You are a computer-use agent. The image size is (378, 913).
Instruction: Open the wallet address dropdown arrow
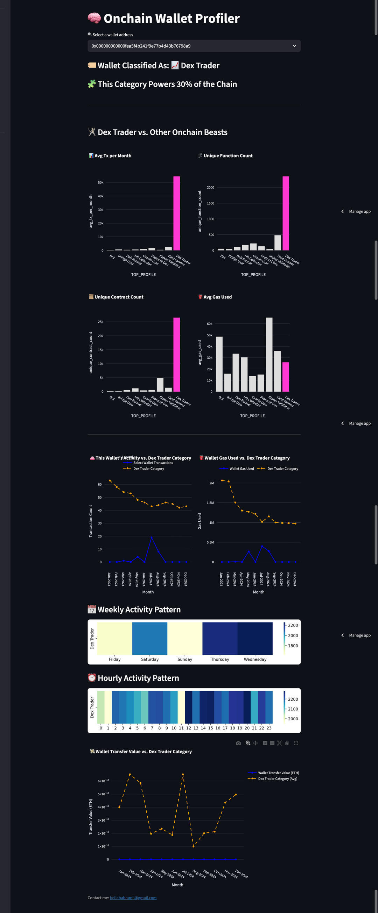click(294, 46)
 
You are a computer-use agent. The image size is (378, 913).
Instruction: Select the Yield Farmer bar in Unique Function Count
click(278, 243)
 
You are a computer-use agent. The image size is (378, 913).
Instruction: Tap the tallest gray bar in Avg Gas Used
click(269, 355)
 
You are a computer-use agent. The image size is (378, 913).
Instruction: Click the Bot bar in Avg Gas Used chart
click(219, 364)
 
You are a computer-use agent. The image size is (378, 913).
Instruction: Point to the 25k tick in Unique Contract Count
click(101, 322)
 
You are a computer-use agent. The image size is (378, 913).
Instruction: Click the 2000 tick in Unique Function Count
click(211, 187)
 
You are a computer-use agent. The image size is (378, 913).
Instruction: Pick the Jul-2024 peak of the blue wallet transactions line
click(152, 537)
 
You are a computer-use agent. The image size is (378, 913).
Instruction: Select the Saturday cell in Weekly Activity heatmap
click(150, 638)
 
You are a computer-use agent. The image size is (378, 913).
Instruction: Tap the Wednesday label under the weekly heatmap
click(255, 659)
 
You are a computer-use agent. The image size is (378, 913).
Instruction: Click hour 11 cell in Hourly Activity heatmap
click(181, 707)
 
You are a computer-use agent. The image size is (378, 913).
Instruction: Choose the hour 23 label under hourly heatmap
click(269, 728)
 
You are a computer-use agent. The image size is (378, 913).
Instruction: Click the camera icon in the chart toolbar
click(238, 743)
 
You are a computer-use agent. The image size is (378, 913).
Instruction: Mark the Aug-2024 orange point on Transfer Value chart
click(193, 846)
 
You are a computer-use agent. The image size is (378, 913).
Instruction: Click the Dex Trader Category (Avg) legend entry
click(278, 779)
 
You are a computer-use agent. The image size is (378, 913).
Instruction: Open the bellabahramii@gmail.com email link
click(133, 898)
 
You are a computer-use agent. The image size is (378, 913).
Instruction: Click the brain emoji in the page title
click(94, 18)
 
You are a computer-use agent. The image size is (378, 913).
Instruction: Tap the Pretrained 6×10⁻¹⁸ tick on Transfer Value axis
click(103, 781)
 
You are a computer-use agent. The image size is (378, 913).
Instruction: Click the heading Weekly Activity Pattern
click(139, 610)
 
